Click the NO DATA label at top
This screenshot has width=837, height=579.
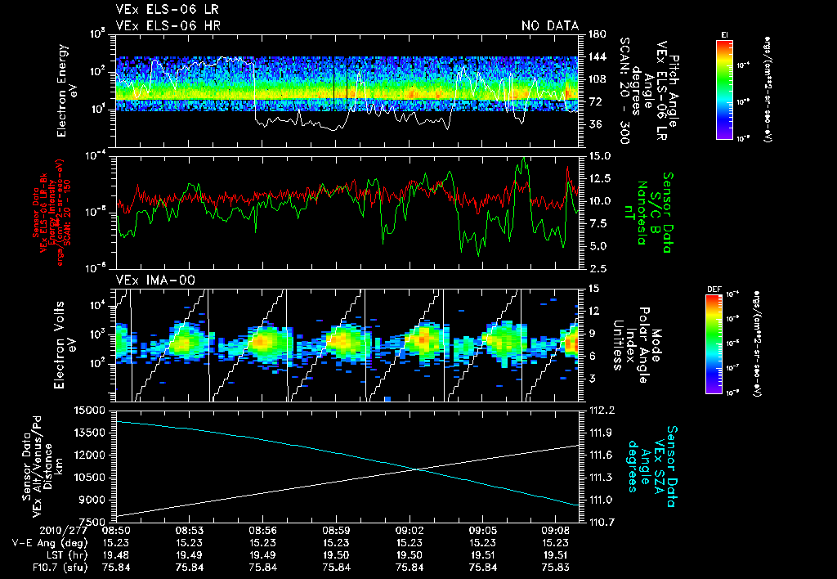click(549, 25)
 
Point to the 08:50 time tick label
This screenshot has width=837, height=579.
click(116, 530)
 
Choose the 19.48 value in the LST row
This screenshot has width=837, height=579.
click(116, 554)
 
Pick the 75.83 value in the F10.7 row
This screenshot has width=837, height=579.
click(556, 565)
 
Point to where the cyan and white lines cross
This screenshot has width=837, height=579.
click(418, 469)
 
